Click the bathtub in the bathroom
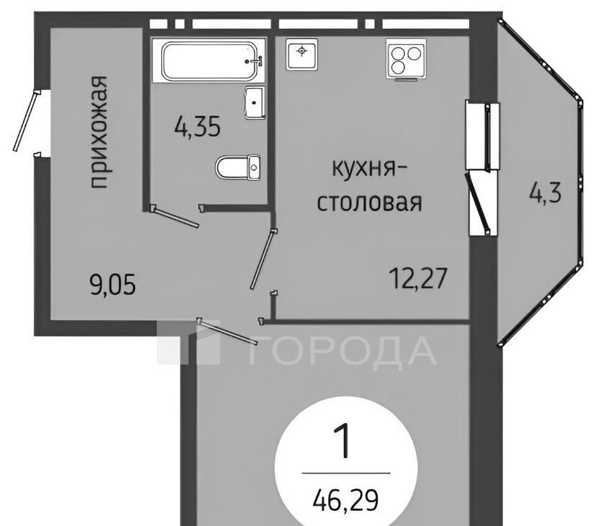[x=209, y=61]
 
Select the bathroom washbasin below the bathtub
[x=255, y=102]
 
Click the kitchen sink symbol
[x=302, y=54]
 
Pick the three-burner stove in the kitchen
[x=406, y=59]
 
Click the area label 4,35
[x=197, y=126]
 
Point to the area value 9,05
[x=113, y=285]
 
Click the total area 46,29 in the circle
[x=345, y=500]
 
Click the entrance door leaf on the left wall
[x=26, y=120]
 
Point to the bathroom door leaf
[x=175, y=216]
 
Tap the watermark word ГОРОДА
[x=342, y=350]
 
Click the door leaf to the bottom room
[x=227, y=331]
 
